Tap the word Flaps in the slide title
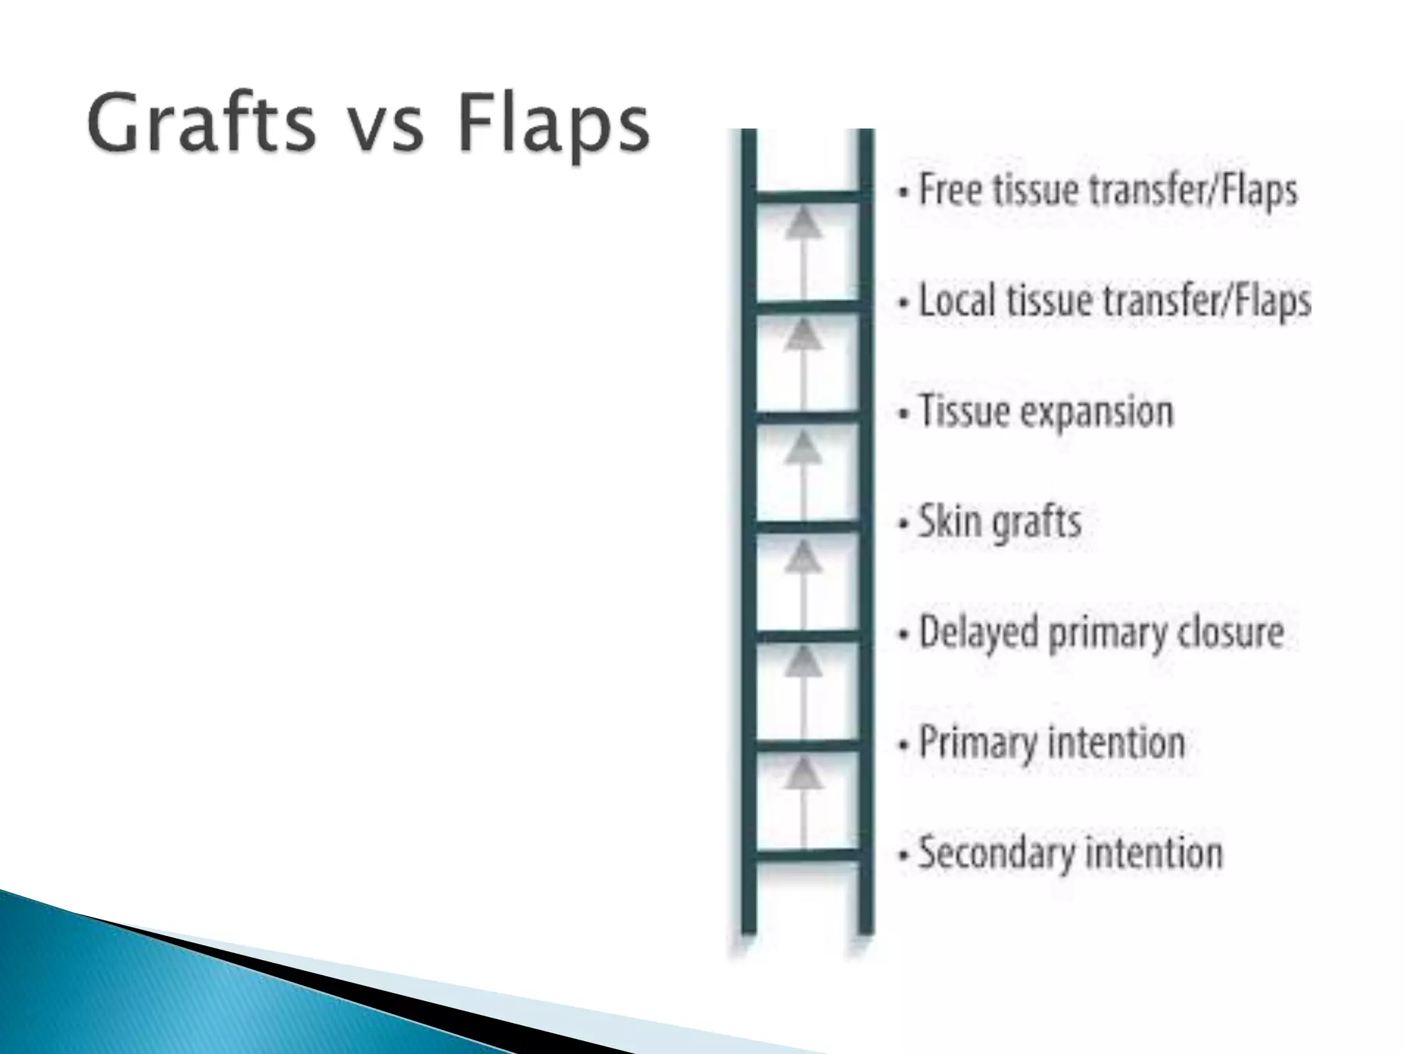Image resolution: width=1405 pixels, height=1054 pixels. click(552, 125)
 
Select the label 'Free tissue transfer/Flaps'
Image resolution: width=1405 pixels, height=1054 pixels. click(1107, 190)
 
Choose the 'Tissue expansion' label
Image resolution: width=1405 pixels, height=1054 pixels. click(1046, 411)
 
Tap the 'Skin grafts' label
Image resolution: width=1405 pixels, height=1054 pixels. click(1000, 522)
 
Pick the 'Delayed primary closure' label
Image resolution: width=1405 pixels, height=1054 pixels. click(1100, 632)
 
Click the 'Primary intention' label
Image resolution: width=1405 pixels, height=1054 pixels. click(1051, 742)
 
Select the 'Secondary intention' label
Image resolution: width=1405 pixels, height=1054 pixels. click(1070, 853)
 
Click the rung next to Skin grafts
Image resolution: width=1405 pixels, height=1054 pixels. click(807, 527)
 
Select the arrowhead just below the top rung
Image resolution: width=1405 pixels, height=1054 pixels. click(803, 225)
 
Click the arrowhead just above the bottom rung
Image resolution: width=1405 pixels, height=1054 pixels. click(803, 774)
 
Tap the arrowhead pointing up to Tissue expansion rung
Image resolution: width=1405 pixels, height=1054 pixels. click(803, 448)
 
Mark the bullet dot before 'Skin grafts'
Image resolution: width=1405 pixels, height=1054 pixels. click(904, 524)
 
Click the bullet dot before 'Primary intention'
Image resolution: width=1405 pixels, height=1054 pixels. click(904, 745)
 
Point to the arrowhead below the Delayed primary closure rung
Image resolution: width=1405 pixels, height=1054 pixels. click(803, 663)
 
